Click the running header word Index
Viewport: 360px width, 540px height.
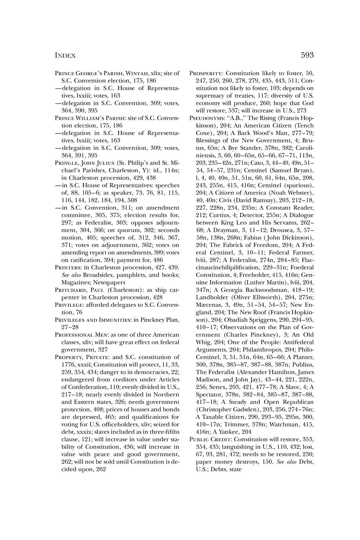click(65, 56)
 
